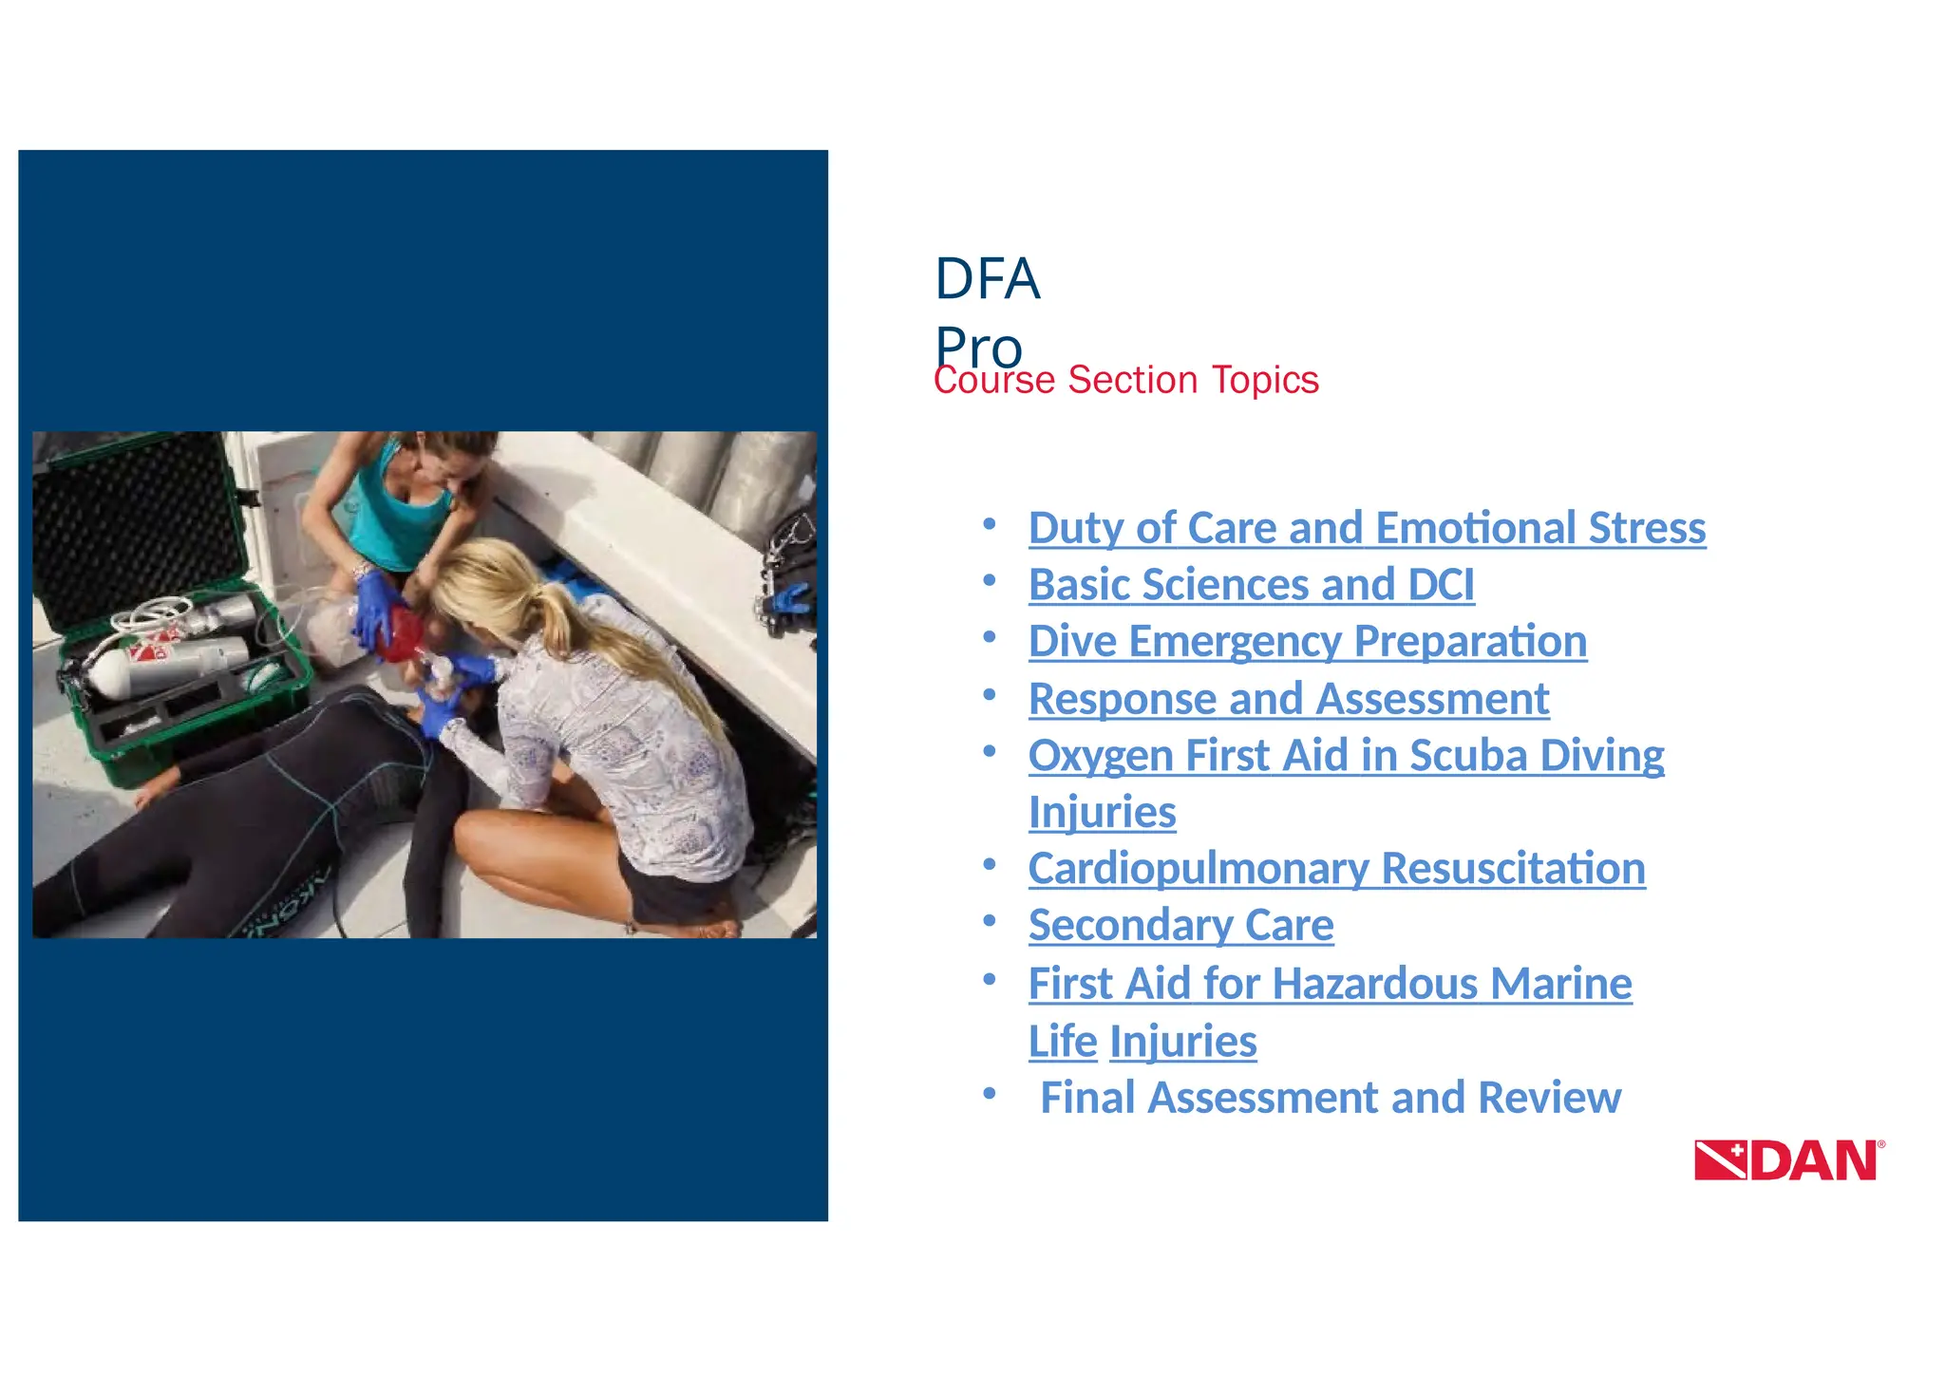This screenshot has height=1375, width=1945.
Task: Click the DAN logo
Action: [x=1788, y=1159]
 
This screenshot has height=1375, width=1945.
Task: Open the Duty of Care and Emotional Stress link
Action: [x=1366, y=528]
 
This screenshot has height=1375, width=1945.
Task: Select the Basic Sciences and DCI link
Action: [x=1251, y=585]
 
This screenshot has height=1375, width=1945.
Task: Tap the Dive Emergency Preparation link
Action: [x=1307, y=641]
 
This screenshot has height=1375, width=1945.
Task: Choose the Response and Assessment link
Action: [x=1288, y=699]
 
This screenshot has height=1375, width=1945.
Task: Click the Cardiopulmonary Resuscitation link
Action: [x=1335, y=868]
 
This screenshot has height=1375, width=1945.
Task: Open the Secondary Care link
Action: [x=1180, y=925]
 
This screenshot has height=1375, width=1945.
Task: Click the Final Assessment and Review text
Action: [x=1330, y=1098]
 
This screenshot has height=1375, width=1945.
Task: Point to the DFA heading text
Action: [x=987, y=279]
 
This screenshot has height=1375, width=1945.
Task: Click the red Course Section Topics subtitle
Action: [x=1125, y=380]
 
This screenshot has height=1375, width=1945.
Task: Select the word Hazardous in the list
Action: [x=1375, y=984]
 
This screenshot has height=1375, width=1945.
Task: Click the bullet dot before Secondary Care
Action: [x=989, y=920]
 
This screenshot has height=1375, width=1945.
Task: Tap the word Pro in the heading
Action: [x=978, y=346]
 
